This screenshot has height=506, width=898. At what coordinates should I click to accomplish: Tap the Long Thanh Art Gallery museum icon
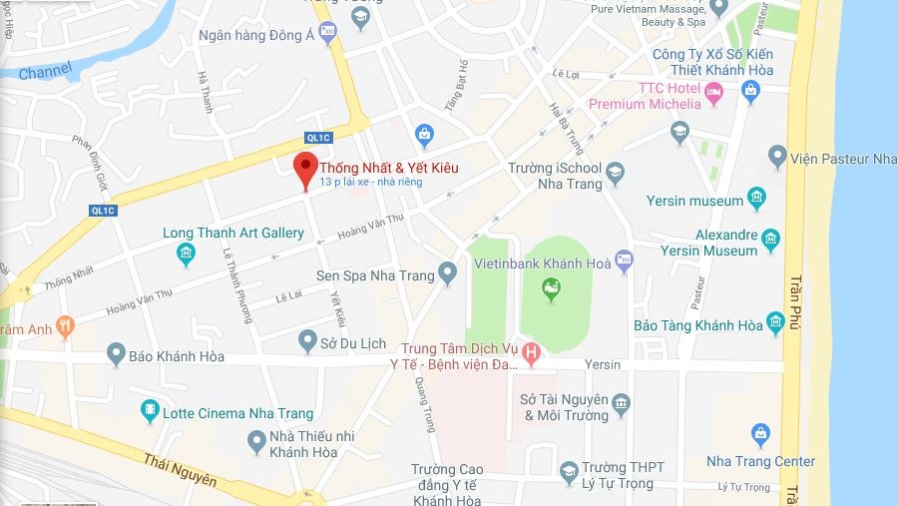187,253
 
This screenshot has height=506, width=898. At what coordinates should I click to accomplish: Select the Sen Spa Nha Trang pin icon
448,270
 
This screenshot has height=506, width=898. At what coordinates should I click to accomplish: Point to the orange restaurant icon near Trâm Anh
65,324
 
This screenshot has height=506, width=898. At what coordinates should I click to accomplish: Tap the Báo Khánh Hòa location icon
116,353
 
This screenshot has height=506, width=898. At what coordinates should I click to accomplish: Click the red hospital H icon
532,351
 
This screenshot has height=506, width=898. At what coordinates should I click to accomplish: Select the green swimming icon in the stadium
550,289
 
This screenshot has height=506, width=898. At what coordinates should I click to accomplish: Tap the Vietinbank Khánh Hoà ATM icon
625,260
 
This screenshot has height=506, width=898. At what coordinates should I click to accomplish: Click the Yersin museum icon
757,197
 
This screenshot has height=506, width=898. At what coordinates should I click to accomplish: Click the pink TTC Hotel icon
713,94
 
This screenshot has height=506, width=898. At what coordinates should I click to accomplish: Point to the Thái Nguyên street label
180,468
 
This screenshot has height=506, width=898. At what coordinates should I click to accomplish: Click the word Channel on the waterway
46,71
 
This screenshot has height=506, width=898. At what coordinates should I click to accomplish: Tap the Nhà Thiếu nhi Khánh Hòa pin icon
255,440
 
